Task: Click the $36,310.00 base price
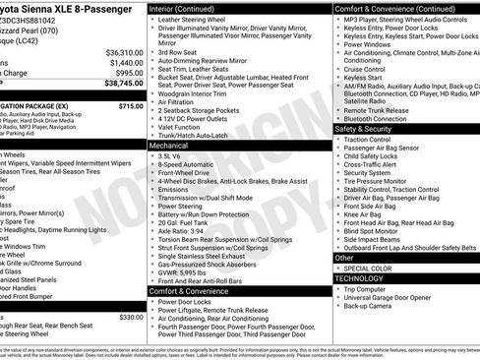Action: (x=119, y=51)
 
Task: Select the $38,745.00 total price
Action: (x=118, y=85)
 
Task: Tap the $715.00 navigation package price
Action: (x=128, y=105)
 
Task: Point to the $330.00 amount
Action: (x=130, y=317)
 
